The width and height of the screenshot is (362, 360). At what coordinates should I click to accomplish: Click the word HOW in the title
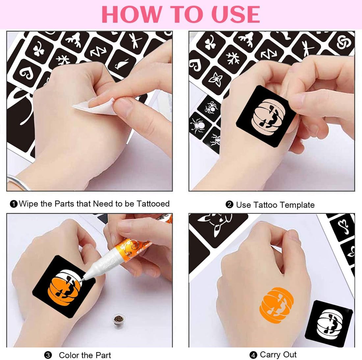tap(131, 14)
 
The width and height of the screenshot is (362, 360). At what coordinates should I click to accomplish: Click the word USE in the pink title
tap(236, 14)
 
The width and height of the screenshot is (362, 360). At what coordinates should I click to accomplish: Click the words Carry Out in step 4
tap(278, 355)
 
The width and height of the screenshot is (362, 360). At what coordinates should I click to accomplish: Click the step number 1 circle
tap(14, 204)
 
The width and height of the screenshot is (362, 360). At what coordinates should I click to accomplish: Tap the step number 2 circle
tap(229, 205)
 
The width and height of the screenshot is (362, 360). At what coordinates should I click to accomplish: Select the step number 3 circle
tap(48, 355)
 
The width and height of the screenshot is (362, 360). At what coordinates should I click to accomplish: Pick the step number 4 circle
tap(253, 355)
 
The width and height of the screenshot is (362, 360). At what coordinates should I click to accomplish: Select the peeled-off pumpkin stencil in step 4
tap(329, 323)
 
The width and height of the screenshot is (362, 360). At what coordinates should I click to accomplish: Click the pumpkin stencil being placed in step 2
tap(266, 116)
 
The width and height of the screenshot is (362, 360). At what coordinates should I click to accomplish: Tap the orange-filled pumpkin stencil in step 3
tap(64, 286)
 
